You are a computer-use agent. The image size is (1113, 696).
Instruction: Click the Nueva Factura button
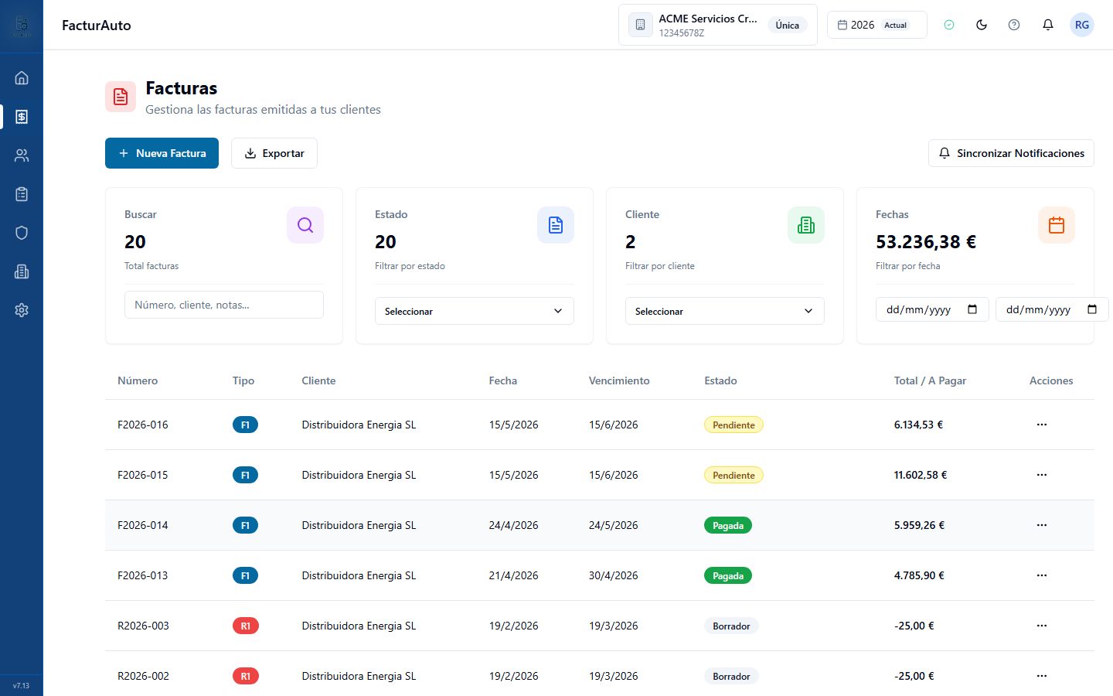(x=162, y=153)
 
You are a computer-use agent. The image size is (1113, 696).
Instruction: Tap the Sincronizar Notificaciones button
(x=1011, y=153)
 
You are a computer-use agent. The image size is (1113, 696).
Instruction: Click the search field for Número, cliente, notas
(x=223, y=305)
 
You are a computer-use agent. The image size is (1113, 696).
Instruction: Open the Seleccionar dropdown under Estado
(x=474, y=311)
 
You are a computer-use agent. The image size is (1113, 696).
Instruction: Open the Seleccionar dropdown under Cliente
(x=724, y=311)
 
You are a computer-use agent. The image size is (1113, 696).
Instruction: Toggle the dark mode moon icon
(x=982, y=25)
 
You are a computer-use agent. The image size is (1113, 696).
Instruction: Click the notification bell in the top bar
(x=1048, y=25)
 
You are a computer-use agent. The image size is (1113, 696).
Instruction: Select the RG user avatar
(x=1082, y=25)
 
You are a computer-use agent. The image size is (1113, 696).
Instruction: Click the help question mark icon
(x=1014, y=25)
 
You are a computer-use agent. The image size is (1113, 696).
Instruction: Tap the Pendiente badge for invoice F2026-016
(x=733, y=425)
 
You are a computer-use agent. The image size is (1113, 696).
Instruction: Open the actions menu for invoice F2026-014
(x=1042, y=525)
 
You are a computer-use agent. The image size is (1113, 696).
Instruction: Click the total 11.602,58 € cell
(x=921, y=475)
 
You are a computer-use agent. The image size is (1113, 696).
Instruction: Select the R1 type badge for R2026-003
(x=246, y=626)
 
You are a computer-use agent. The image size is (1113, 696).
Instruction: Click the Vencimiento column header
(x=619, y=380)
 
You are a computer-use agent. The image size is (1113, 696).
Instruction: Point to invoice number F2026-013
(x=142, y=575)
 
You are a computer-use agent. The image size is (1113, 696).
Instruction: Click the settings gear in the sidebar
(x=22, y=310)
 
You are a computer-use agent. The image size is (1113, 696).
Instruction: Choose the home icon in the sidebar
(x=22, y=78)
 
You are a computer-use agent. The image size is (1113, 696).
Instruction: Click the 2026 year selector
(x=877, y=25)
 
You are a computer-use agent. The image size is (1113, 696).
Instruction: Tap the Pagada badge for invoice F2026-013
(x=728, y=575)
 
